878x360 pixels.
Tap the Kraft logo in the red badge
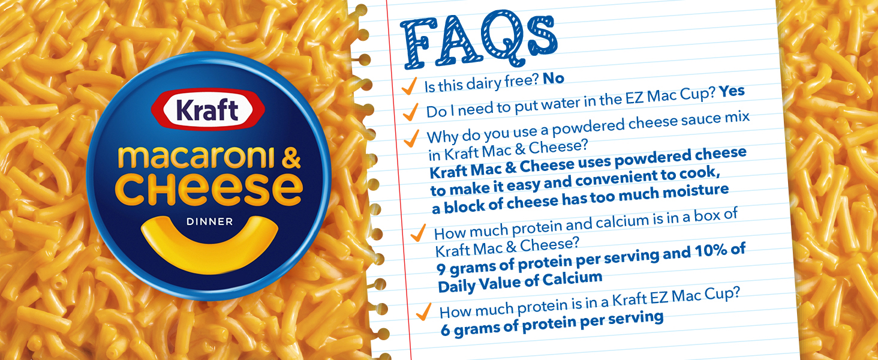(208, 110)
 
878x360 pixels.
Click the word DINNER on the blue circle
(210, 221)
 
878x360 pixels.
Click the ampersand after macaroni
(291, 157)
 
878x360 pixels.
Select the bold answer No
(554, 79)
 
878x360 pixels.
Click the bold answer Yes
(732, 91)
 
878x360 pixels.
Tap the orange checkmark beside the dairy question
(409, 86)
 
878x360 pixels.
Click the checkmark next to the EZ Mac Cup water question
(410, 112)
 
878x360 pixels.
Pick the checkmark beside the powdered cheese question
(411, 139)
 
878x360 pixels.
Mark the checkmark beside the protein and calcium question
(418, 233)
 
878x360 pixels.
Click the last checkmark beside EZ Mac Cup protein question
(423, 312)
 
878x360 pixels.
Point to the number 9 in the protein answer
(441, 269)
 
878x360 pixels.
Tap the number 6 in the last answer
(445, 330)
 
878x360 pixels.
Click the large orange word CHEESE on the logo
(209, 189)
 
